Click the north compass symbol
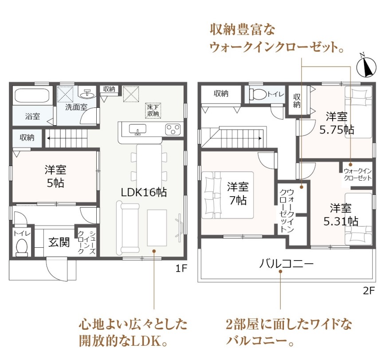tap(366, 66)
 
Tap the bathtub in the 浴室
tap(32, 95)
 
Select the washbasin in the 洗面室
tap(88, 94)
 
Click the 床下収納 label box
tap(153, 111)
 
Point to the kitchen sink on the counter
tap(137, 130)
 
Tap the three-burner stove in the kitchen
tap(173, 130)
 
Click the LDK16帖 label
tap(144, 192)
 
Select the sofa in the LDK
tap(128, 228)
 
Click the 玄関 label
tap(59, 242)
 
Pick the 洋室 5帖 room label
tap(55, 176)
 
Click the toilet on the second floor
tap(258, 94)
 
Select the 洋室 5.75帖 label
tap(337, 123)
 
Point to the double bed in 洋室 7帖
tap(228, 195)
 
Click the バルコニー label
tap(286, 264)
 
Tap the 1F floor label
tap(181, 269)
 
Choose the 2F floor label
tap(369, 291)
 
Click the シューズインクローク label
tap(86, 242)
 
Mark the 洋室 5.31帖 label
tap(341, 214)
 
